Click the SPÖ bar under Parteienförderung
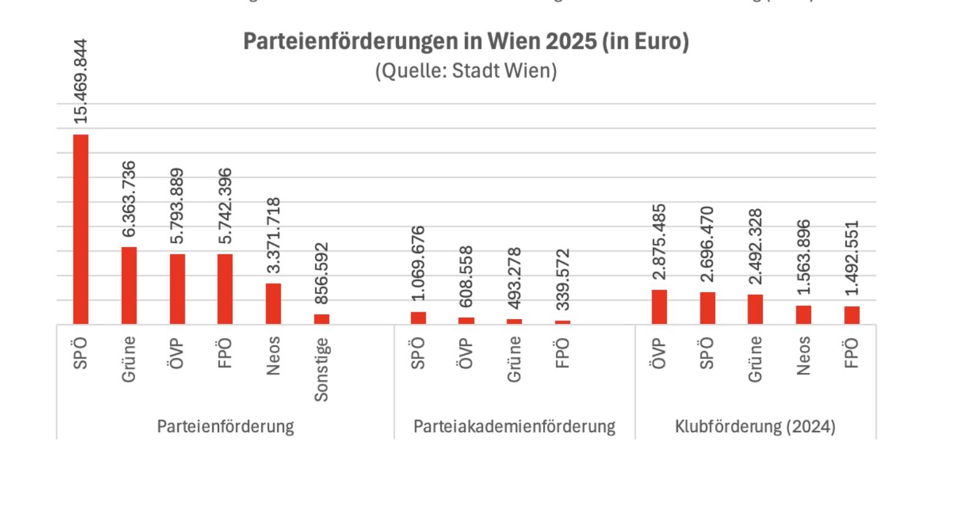(x=81, y=229)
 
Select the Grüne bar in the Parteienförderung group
(x=129, y=285)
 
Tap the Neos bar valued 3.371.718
(x=273, y=303)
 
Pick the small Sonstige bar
(x=322, y=319)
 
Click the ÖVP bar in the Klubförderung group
(x=659, y=307)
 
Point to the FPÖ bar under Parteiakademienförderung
(x=563, y=322)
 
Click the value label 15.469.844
(x=81, y=81)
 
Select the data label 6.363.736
(x=129, y=199)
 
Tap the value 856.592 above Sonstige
(x=322, y=273)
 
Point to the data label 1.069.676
(x=418, y=263)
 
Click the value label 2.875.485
(x=659, y=241)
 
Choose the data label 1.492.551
(x=852, y=258)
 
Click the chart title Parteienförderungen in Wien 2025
(x=466, y=42)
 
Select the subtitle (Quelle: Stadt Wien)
(x=466, y=71)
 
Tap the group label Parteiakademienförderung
(x=514, y=426)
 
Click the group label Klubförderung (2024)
(x=755, y=426)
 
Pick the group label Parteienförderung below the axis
(x=225, y=426)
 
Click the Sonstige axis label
(x=322, y=370)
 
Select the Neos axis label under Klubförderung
(x=803, y=355)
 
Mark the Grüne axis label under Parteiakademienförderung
(x=514, y=359)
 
